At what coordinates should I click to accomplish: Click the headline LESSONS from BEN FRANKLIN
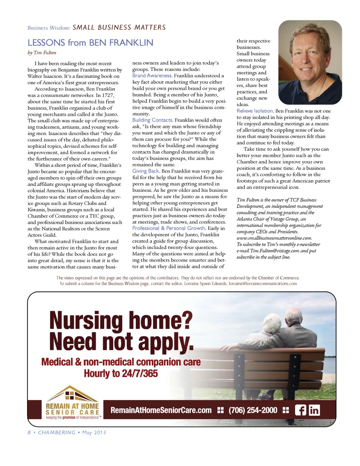[x=90, y=43]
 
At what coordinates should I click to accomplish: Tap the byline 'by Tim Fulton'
[x=42, y=53]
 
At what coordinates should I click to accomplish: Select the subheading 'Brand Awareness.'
[x=152, y=76]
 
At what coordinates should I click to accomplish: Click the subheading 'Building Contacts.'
[x=153, y=120]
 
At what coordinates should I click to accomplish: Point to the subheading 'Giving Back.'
[x=146, y=171]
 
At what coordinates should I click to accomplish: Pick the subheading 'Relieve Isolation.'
[x=255, y=111]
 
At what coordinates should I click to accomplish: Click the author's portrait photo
[x=310, y=62]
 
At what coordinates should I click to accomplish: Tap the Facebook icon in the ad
[x=300, y=410]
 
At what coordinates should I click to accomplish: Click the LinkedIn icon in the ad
[x=314, y=410]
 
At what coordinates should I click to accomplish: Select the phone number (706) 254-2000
[x=253, y=410]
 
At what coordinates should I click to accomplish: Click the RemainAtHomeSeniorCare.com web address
[x=161, y=410]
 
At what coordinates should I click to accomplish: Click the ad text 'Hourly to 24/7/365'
[x=121, y=374]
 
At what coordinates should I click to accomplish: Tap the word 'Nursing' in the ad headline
[x=86, y=321]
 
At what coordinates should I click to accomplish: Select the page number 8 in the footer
[x=29, y=433]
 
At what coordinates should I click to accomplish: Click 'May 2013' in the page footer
[x=94, y=433]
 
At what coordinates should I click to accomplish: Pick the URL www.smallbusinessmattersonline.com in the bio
[x=274, y=238]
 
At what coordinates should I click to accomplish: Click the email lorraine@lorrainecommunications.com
[x=263, y=284]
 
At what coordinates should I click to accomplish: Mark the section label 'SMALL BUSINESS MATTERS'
[x=119, y=27]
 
